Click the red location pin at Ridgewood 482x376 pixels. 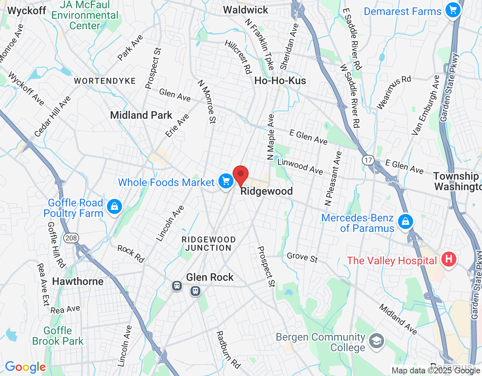[x=241, y=175]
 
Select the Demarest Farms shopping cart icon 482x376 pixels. [x=453, y=10]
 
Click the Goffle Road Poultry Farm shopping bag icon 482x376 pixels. [x=114, y=206]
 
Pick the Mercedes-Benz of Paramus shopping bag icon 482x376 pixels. [x=405, y=221]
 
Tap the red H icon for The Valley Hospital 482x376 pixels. [x=448, y=259]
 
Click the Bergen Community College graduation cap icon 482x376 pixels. [x=376, y=341]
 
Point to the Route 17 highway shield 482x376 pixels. [x=368, y=160]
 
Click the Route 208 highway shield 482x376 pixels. [x=71, y=238]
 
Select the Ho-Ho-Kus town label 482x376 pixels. [x=280, y=80]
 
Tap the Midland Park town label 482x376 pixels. [x=141, y=115]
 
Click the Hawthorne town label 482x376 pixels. [x=78, y=281]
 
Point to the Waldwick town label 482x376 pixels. [x=246, y=10]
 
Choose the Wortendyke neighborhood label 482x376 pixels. [x=105, y=81]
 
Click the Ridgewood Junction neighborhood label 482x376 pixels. [x=208, y=244]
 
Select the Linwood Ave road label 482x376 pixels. [x=300, y=167]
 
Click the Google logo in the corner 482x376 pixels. [x=25, y=367]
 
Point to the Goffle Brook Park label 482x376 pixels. [x=58, y=336]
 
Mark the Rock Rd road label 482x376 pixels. [x=131, y=253]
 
